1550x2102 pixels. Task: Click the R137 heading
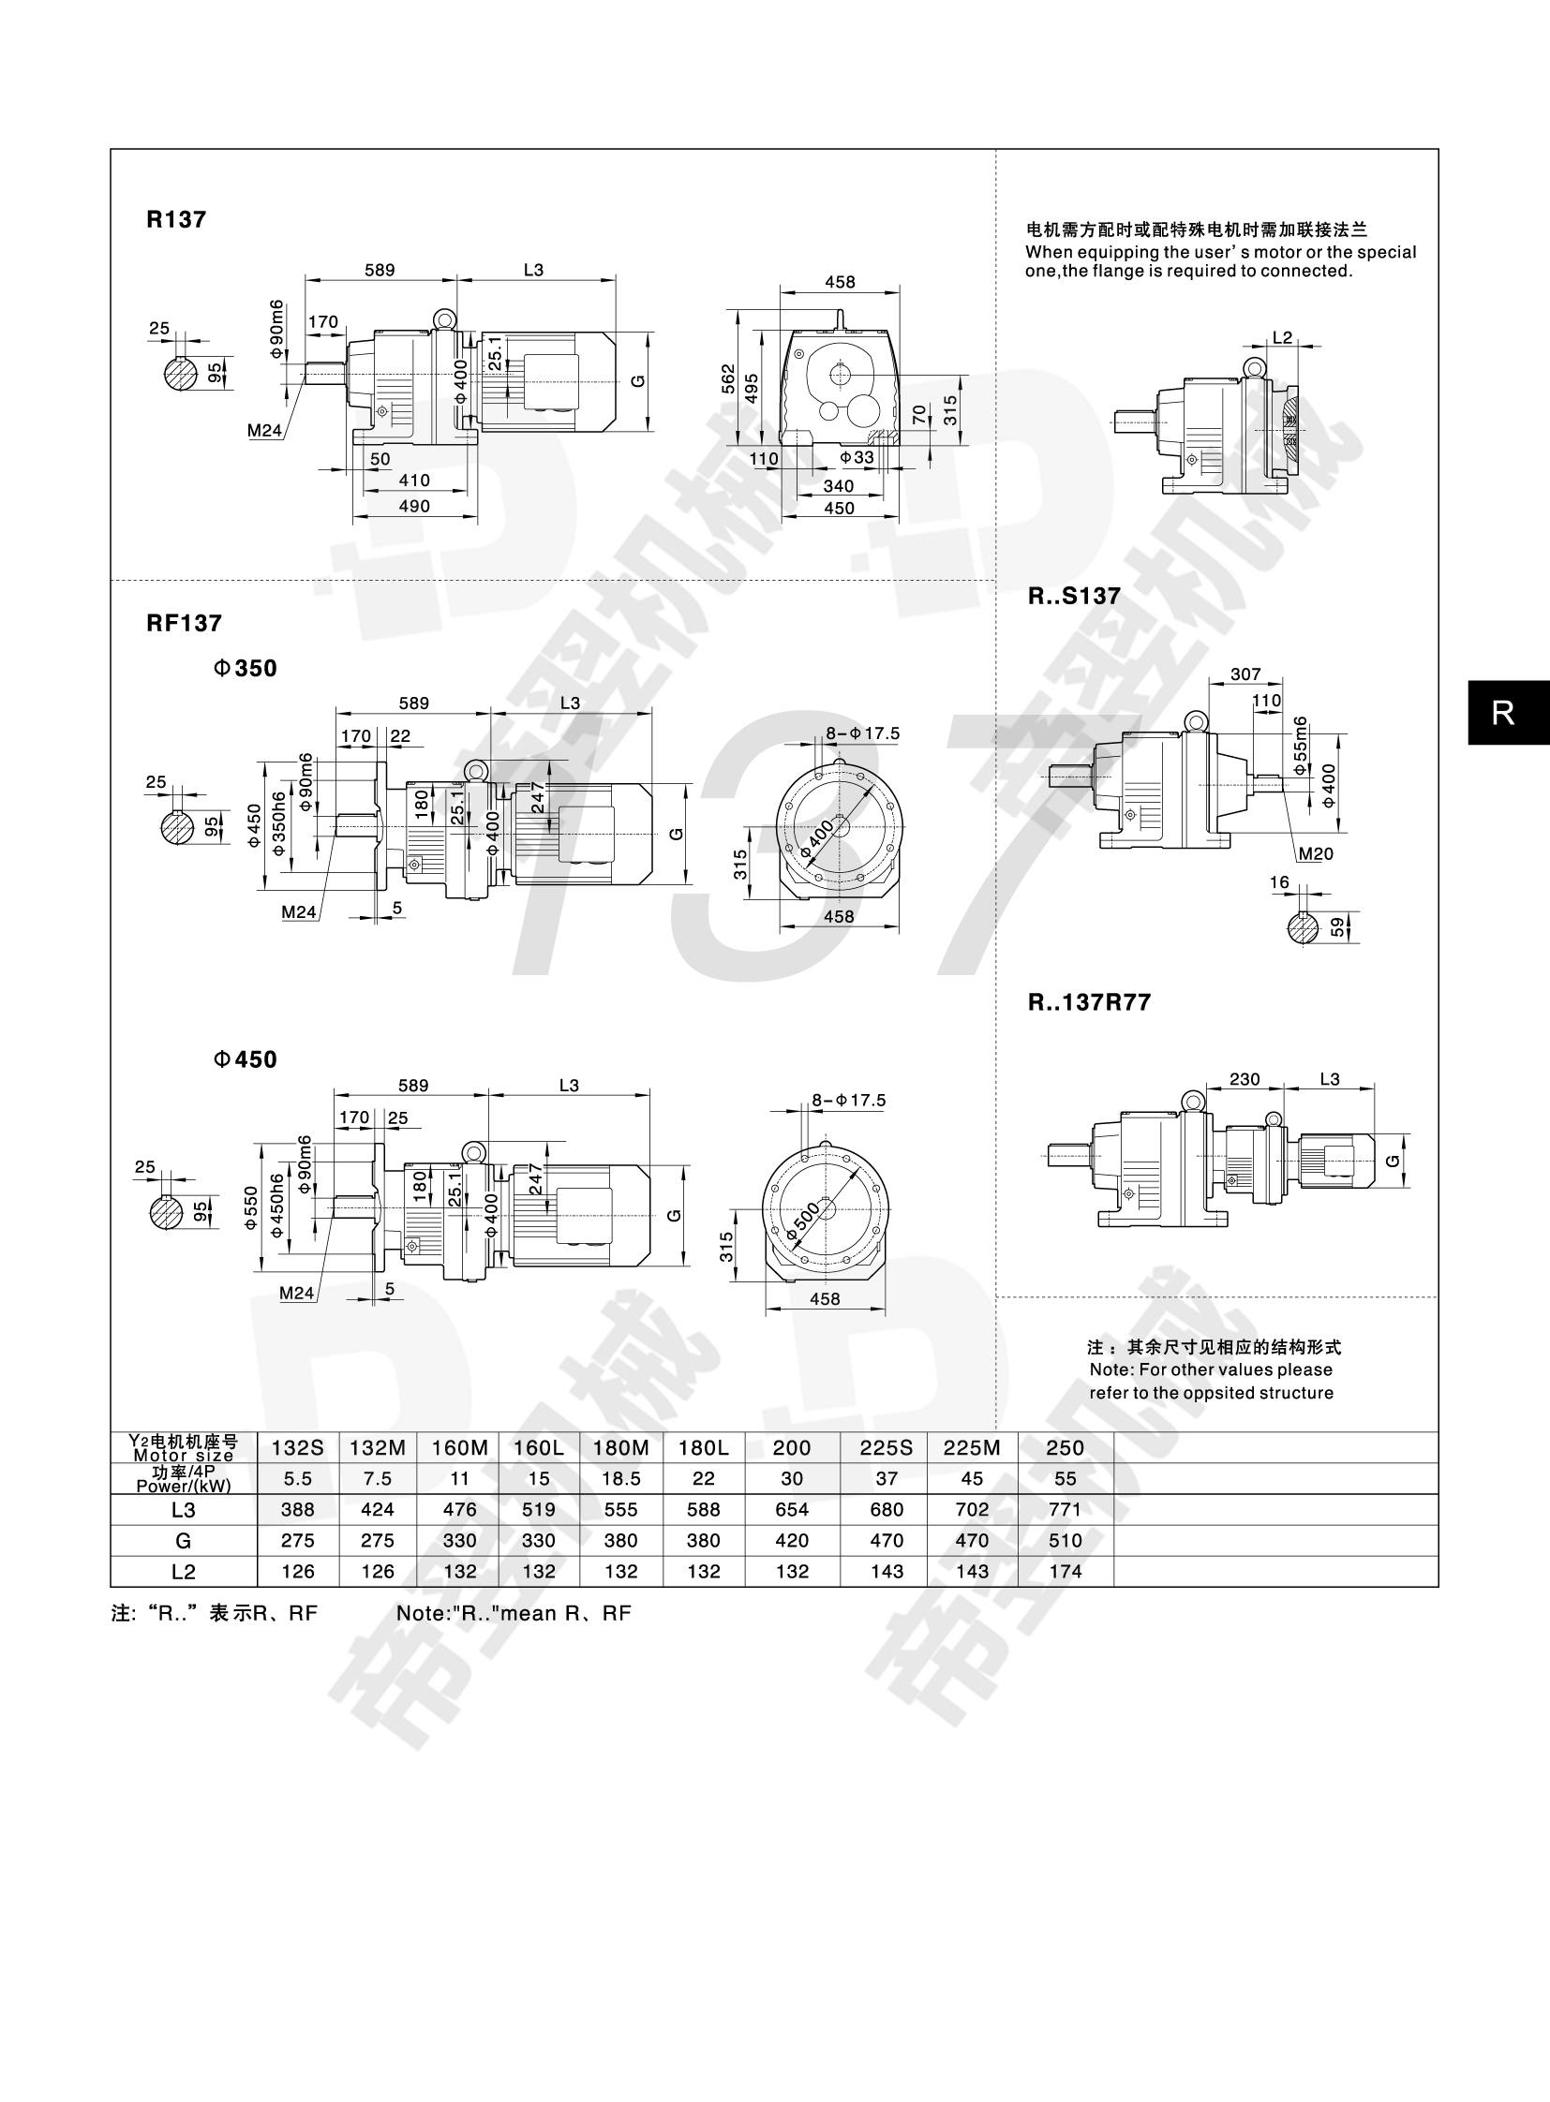point(176,219)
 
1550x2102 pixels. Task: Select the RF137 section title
point(184,623)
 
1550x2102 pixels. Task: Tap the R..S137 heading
point(1074,597)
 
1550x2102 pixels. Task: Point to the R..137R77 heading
point(1089,1002)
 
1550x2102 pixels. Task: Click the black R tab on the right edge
point(1503,713)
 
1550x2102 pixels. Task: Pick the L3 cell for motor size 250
point(1065,1509)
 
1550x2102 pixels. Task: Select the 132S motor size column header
point(297,1447)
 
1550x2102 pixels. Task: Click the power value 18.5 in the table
point(620,1478)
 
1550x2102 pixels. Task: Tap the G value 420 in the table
point(792,1540)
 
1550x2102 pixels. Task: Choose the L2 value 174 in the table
point(1065,1571)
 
